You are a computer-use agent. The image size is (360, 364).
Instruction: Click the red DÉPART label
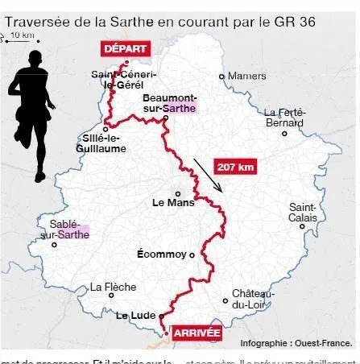pos(125,48)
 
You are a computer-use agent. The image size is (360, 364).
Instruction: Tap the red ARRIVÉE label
pos(197,330)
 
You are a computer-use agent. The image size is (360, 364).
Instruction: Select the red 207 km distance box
pos(236,167)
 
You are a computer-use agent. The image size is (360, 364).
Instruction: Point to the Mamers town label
pos(246,77)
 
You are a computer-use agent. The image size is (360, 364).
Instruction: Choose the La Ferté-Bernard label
pos(285,118)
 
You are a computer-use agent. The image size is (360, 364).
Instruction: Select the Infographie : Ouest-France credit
pos(296,343)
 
